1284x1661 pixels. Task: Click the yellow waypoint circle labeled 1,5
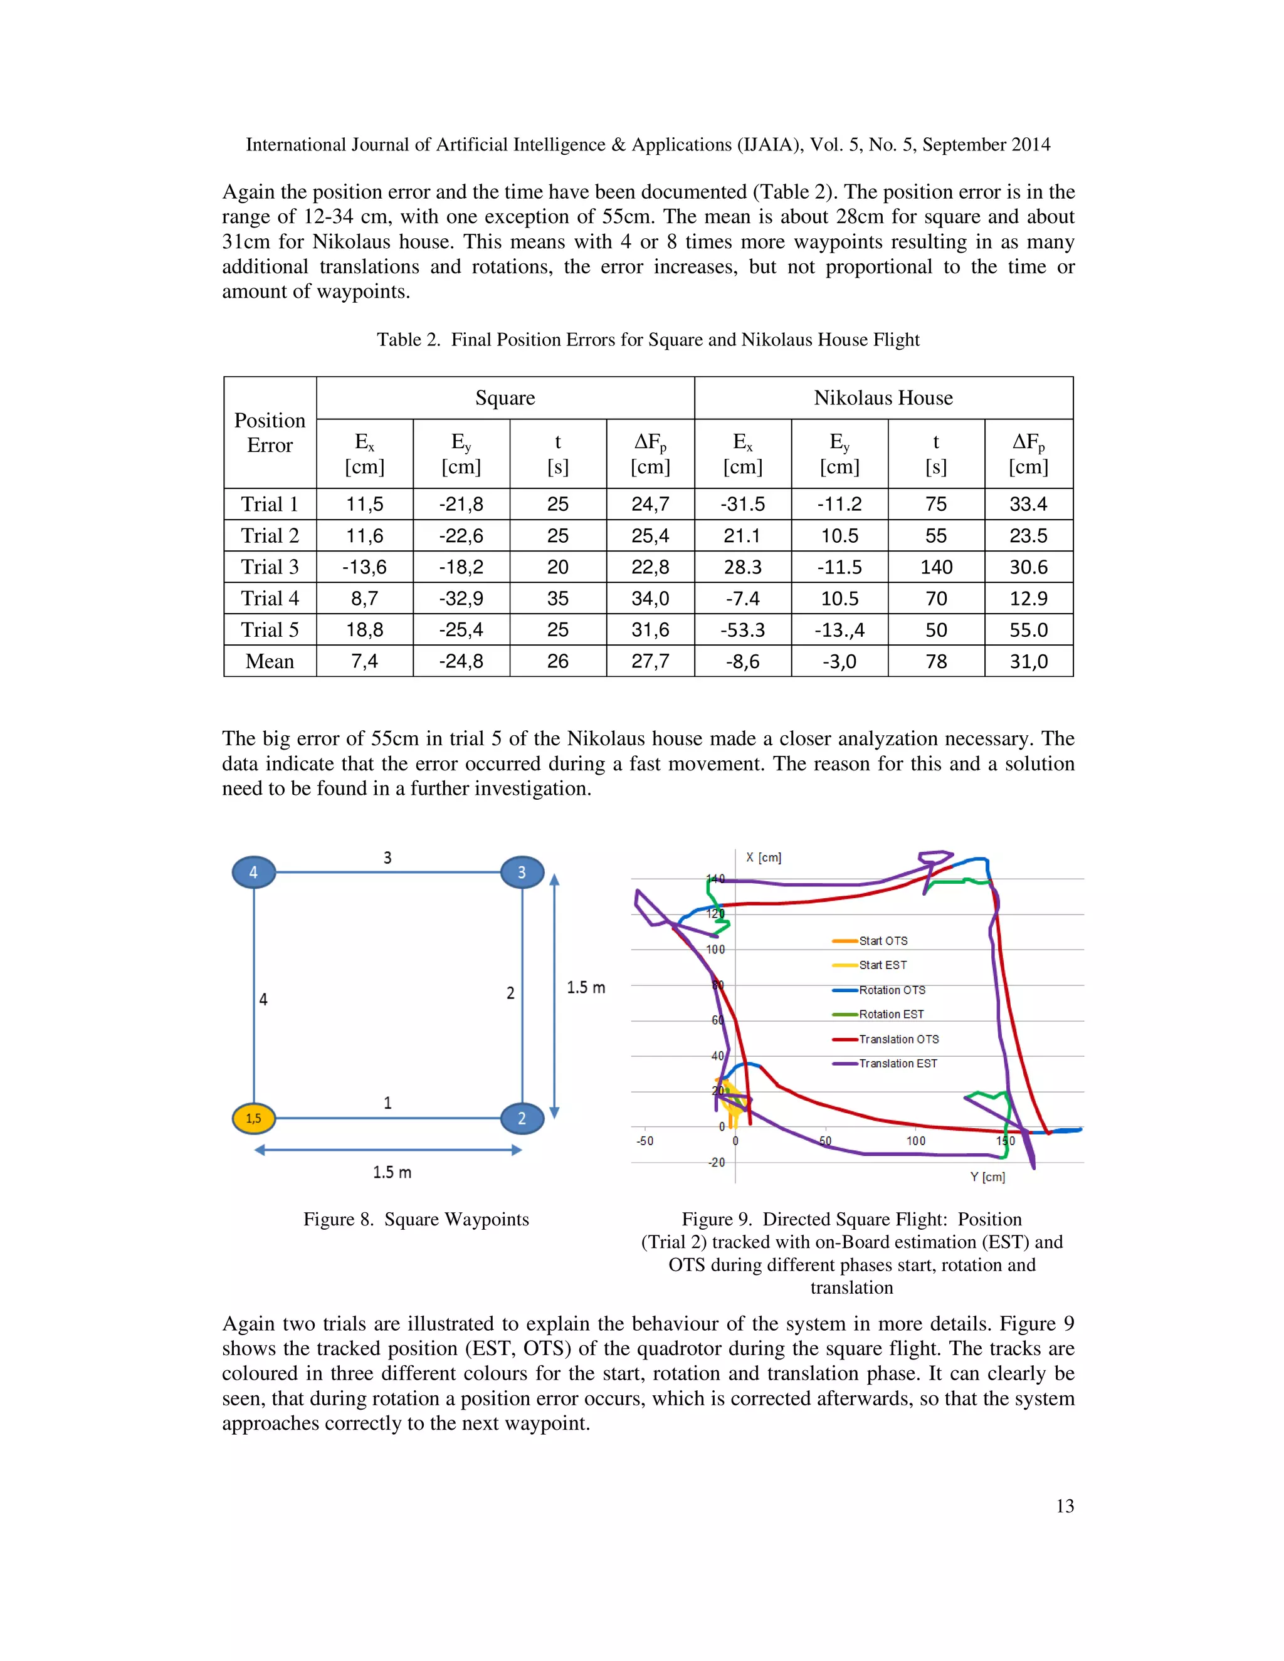pyautogui.click(x=253, y=1118)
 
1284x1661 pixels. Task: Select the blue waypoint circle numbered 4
pyautogui.click(x=253, y=872)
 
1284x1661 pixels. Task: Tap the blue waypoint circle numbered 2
pyautogui.click(x=522, y=1118)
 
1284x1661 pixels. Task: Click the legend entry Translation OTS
pyautogui.click(x=898, y=1039)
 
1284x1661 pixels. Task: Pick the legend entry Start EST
pyautogui.click(x=882, y=965)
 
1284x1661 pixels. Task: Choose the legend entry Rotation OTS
pyautogui.click(x=892, y=990)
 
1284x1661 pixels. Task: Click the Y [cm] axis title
pyautogui.click(x=987, y=1176)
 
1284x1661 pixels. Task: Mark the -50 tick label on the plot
pyautogui.click(x=645, y=1141)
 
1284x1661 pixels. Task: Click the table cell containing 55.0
pyautogui.click(x=1028, y=630)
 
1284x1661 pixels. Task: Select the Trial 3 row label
pyautogui.click(x=270, y=567)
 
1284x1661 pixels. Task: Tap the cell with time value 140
pyautogui.click(x=935, y=567)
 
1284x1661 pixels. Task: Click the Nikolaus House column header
pyautogui.click(x=883, y=398)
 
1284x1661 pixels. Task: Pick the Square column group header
pyautogui.click(x=505, y=398)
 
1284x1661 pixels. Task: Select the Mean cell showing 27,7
pyautogui.click(x=650, y=661)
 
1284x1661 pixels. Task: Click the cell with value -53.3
pyautogui.click(x=742, y=630)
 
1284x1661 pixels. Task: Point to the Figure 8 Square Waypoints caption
pyautogui.click(x=416, y=1219)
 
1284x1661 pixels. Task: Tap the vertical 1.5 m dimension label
pyautogui.click(x=586, y=987)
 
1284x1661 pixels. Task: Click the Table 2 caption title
pyautogui.click(x=648, y=339)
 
